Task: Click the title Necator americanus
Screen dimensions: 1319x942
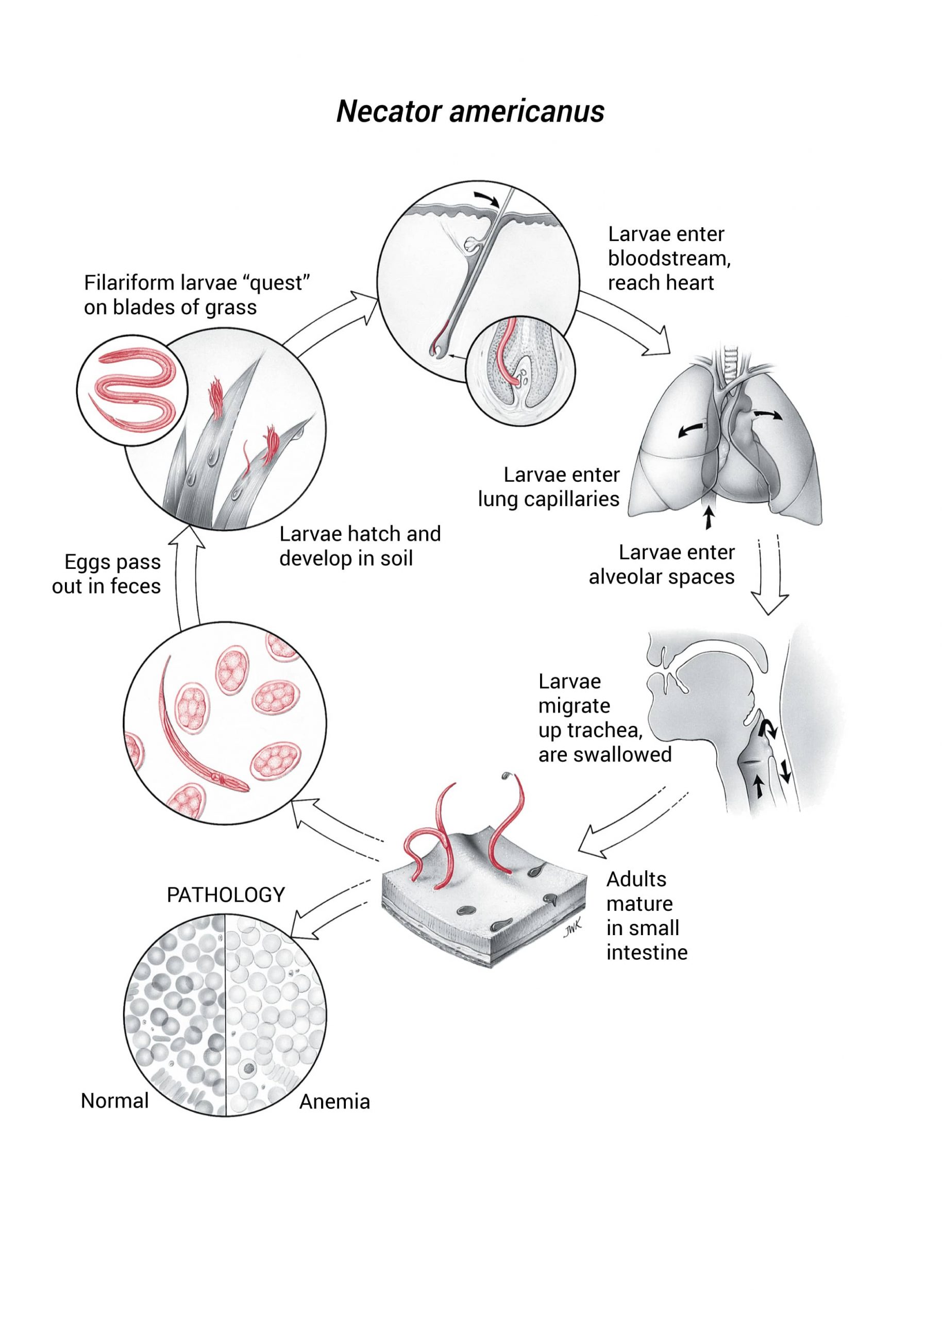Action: click(470, 111)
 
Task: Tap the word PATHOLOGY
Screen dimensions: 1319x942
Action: click(226, 894)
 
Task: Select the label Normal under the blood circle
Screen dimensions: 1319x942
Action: click(115, 1101)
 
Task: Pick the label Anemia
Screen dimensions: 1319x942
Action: click(334, 1102)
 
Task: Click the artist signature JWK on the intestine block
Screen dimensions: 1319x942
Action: click(572, 929)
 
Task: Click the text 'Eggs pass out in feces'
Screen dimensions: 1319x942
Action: click(107, 574)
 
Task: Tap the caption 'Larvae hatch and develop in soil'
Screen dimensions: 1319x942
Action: click(360, 546)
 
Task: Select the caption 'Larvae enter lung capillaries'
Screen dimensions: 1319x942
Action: click(549, 486)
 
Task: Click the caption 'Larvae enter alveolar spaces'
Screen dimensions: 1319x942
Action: click(662, 564)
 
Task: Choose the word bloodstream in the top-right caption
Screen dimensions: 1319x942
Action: click(669, 258)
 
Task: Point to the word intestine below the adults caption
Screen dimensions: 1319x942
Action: click(647, 952)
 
